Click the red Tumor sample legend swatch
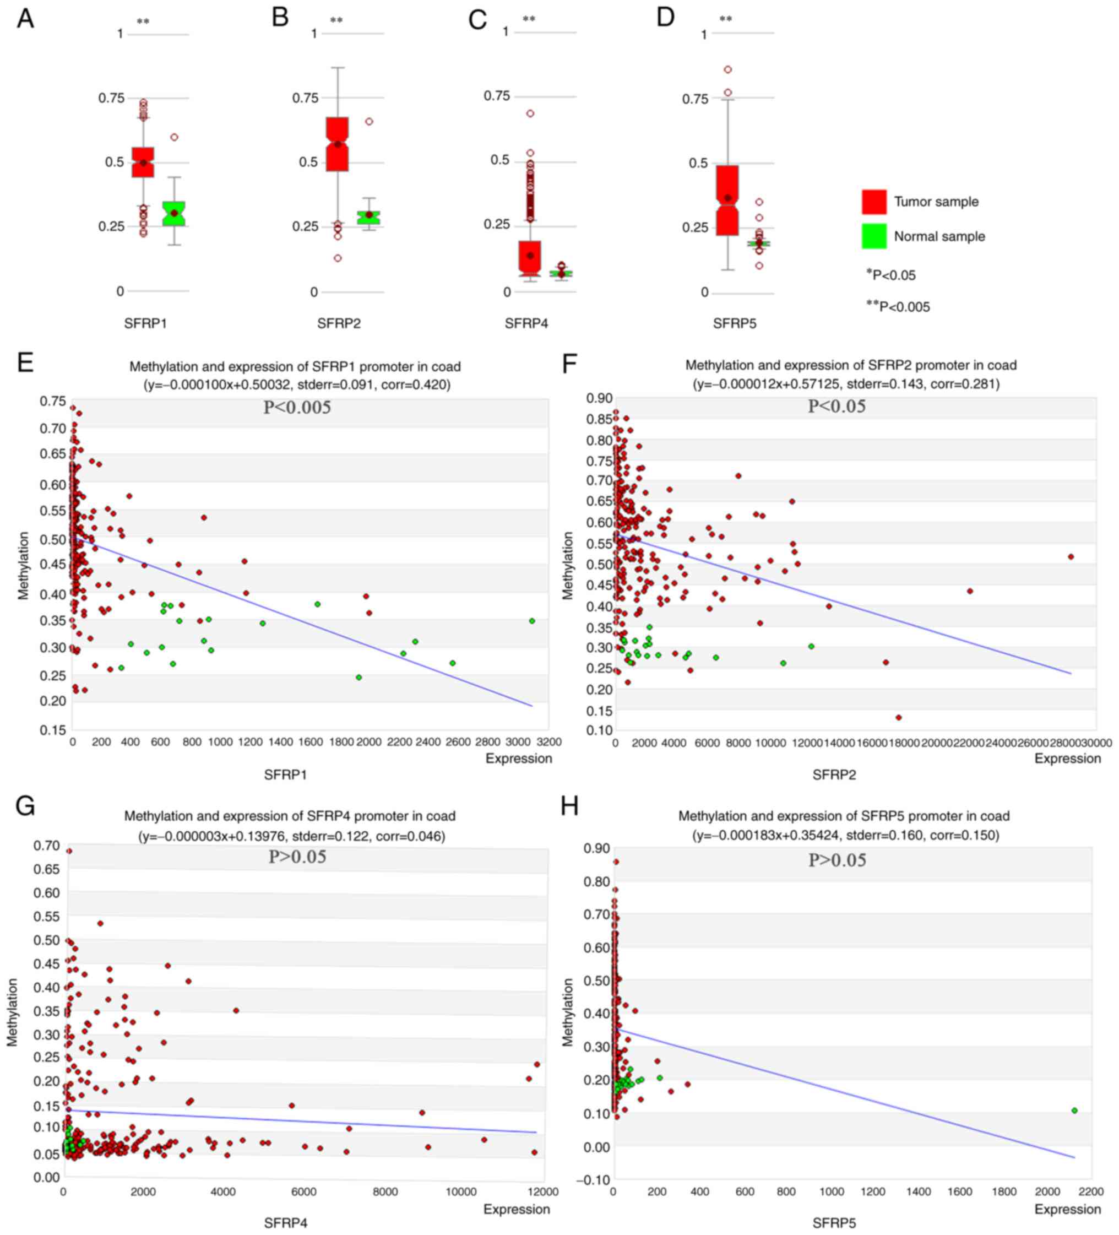(x=873, y=202)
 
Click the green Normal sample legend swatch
(x=873, y=236)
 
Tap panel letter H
(x=569, y=806)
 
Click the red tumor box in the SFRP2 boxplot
(x=337, y=144)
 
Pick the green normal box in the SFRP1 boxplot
(x=174, y=213)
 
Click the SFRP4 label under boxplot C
(x=526, y=323)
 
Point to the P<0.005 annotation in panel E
(x=297, y=408)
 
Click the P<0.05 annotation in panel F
(x=836, y=406)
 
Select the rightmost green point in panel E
(x=531, y=621)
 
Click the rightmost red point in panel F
(x=1071, y=557)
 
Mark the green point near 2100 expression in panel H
(x=1074, y=1110)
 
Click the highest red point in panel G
(x=69, y=851)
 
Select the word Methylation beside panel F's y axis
(x=568, y=565)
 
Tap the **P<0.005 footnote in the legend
(x=898, y=306)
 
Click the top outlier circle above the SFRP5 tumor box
(x=727, y=70)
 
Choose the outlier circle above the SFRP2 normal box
(x=369, y=121)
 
